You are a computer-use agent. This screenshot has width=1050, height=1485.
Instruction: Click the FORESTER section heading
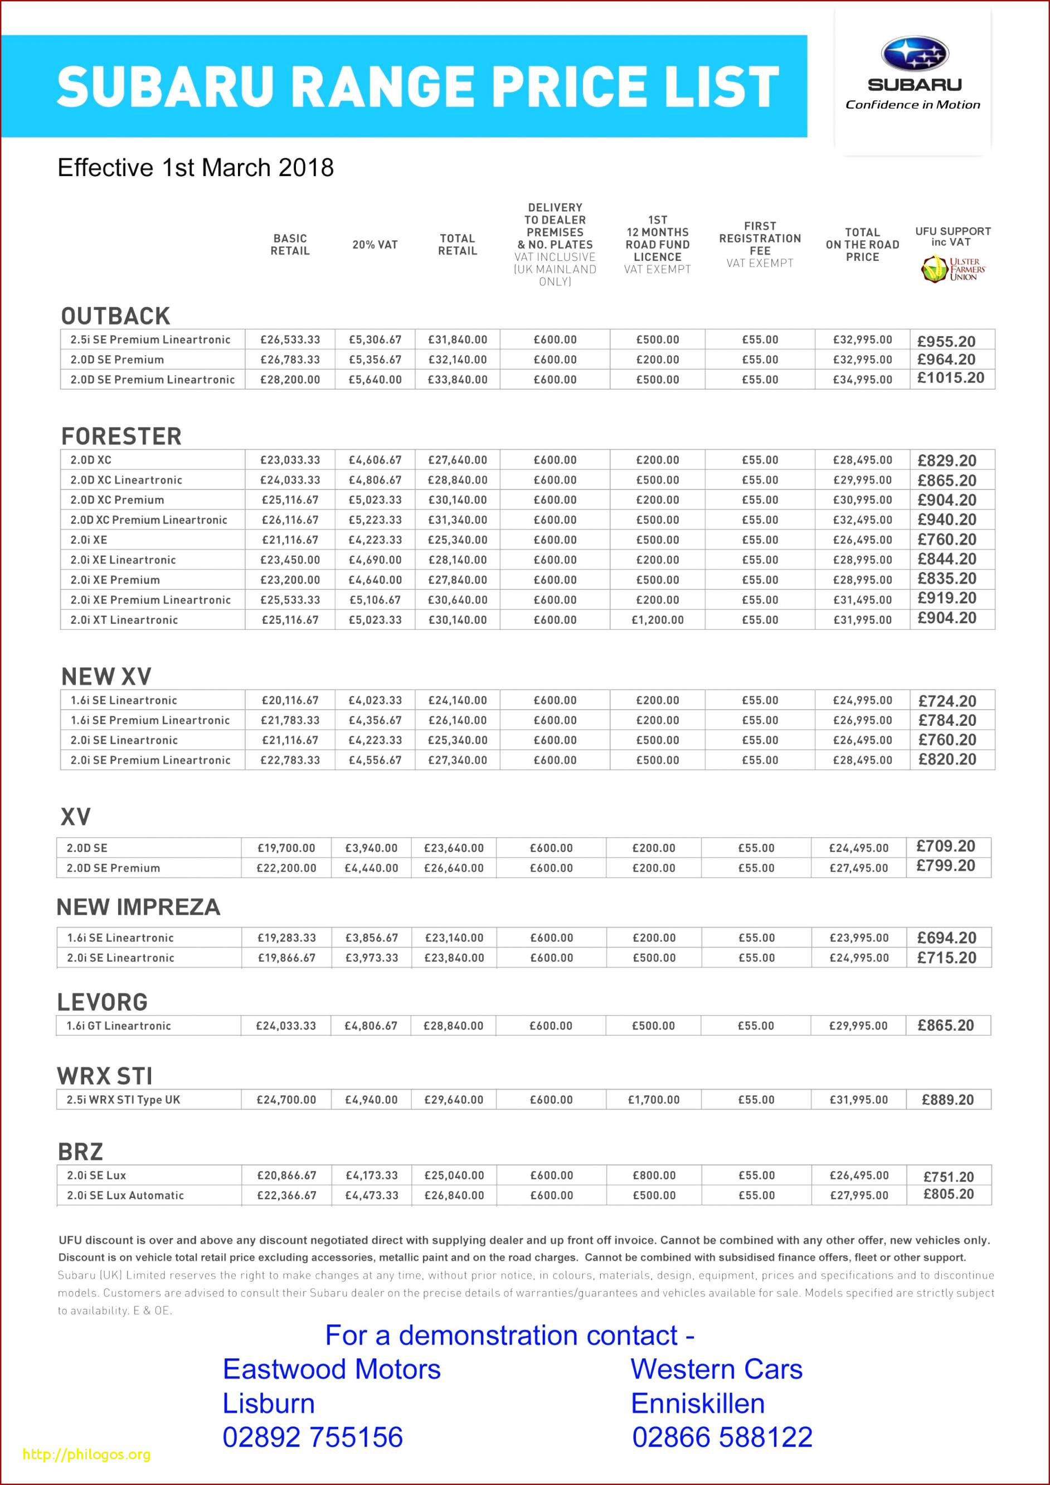tap(121, 436)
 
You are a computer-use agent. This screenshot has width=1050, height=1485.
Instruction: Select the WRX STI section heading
tap(105, 1076)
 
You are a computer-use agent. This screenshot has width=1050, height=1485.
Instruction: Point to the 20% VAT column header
tap(375, 245)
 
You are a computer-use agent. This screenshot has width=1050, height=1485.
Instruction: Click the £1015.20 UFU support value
tap(950, 378)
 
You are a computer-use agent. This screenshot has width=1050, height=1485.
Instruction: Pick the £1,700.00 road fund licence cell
tap(653, 1099)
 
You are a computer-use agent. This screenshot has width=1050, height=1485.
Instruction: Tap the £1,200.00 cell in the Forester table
tap(657, 620)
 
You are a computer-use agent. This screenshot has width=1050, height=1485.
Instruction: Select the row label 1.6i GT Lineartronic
tap(118, 1026)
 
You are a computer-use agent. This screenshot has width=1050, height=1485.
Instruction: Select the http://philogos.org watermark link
tap(86, 1454)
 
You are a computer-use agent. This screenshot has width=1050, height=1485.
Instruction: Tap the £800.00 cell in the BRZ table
tap(654, 1175)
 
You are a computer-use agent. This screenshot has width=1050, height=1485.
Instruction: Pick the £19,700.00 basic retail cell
tap(286, 848)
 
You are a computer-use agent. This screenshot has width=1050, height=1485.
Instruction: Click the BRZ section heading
tap(80, 1151)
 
